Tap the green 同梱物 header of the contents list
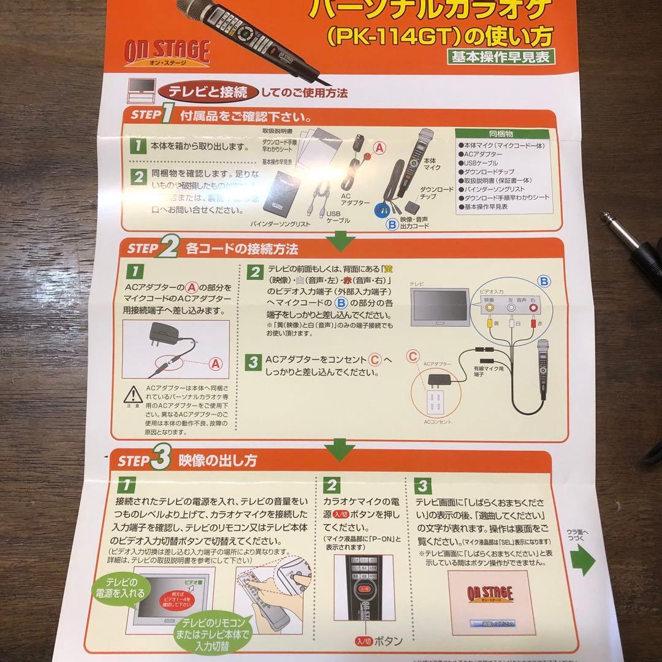[501, 133]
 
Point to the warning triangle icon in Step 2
[133, 394]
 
